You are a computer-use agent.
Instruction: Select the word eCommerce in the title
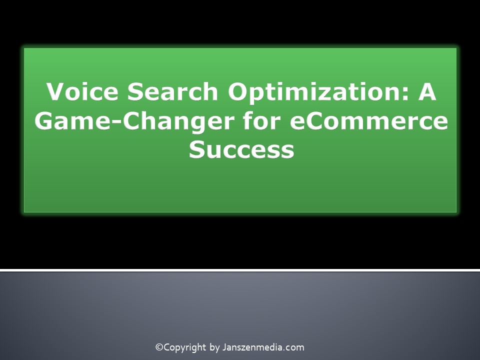click(368, 122)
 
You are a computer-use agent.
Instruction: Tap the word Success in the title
click(241, 150)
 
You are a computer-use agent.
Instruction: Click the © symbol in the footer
click(159, 347)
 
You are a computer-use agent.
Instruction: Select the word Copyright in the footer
click(185, 347)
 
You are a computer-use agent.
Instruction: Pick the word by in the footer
click(214, 347)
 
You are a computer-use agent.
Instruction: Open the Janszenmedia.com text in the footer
click(263, 347)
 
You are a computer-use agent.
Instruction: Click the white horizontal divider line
click(240, 270)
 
